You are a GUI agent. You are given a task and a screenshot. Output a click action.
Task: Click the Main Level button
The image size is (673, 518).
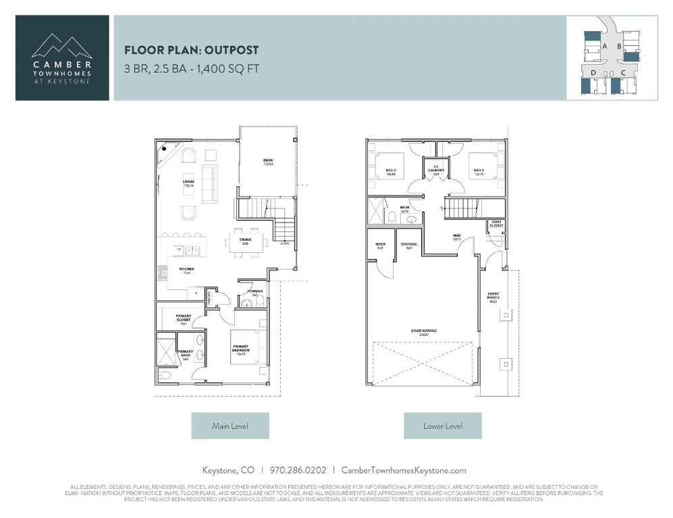point(230,426)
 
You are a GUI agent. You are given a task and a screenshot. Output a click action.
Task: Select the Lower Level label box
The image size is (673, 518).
point(442,426)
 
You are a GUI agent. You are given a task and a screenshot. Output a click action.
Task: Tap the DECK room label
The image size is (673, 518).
point(268,162)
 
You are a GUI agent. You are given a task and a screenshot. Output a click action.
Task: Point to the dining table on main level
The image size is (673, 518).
point(246,240)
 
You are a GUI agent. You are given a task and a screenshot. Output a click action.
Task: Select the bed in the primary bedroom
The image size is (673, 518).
point(244,348)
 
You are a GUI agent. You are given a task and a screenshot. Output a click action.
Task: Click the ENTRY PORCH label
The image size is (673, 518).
point(493,297)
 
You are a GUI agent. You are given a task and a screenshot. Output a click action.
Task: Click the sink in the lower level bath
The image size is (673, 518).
point(411,219)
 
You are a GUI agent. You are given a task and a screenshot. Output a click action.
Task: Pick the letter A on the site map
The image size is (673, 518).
point(605,46)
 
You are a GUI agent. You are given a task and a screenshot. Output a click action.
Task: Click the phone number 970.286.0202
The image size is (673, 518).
point(298,470)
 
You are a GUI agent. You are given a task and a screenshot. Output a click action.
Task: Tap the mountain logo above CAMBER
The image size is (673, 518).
point(62,47)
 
